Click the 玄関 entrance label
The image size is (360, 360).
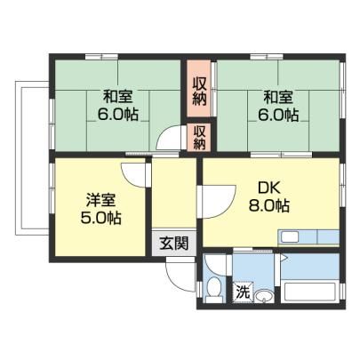click(174, 244)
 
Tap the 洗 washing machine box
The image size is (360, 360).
click(243, 292)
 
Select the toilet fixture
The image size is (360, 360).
click(214, 289)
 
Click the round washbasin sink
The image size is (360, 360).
click(263, 296)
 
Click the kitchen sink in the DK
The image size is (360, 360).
click(290, 237)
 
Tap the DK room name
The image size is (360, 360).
click(269, 188)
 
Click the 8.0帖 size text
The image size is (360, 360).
click(269, 205)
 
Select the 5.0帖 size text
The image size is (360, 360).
click(100, 218)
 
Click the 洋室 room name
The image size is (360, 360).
click(100, 200)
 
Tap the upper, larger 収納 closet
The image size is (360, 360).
click(199, 91)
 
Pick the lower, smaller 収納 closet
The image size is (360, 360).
click(199, 137)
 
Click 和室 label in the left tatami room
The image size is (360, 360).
click(118, 96)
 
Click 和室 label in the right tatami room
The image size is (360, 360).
click(278, 97)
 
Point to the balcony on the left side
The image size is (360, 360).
click(32, 158)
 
